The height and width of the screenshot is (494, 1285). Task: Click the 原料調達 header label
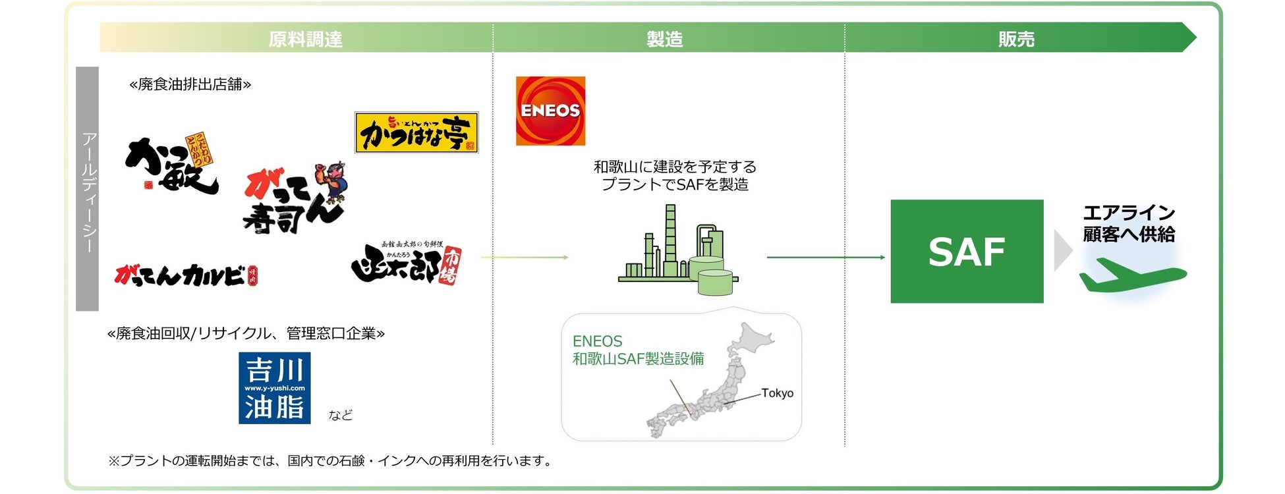point(305,40)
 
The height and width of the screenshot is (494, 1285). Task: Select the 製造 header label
point(664,40)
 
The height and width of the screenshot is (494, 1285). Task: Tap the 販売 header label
point(1015,40)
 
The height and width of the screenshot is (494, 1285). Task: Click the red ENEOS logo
point(550,111)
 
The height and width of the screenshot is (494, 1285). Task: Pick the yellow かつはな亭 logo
point(416,132)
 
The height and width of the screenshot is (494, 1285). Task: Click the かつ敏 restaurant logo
point(171,165)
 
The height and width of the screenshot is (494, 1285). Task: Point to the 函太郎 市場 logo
point(407,263)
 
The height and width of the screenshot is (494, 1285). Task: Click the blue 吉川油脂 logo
point(274,388)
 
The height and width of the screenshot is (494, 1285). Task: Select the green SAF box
point(966,251)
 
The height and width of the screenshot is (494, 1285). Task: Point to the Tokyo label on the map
point(777,393)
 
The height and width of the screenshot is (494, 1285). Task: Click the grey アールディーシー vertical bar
point(88,189)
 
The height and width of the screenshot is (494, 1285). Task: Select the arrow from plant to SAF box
point(826,257)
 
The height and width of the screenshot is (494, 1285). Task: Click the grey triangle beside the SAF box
point(1062,251)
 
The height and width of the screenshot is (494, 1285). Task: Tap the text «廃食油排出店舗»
point(190,84)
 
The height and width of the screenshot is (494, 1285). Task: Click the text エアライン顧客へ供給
point(1129,223)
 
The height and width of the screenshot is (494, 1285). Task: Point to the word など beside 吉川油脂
point(341,415)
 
